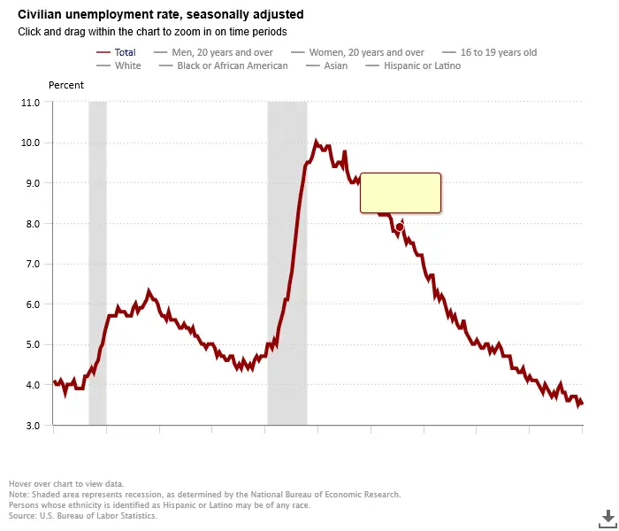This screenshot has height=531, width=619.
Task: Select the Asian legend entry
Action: point(334,65)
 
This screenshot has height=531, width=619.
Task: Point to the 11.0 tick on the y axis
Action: point(29,103)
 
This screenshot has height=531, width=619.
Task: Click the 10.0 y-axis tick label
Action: point(29,143)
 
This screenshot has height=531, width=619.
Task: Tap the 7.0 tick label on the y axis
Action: point(31,264)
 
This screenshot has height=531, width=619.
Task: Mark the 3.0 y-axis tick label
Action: point(31,426)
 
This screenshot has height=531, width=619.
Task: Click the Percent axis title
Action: point(65,85)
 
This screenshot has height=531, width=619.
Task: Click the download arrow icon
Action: point(608,517)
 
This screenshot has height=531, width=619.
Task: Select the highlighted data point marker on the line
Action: point(400,227)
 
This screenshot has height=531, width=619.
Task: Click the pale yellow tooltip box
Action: point(400,193)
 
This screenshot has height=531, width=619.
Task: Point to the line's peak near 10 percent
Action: point(316,142)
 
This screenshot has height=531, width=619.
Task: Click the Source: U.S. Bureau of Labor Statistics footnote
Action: point(83,515)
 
